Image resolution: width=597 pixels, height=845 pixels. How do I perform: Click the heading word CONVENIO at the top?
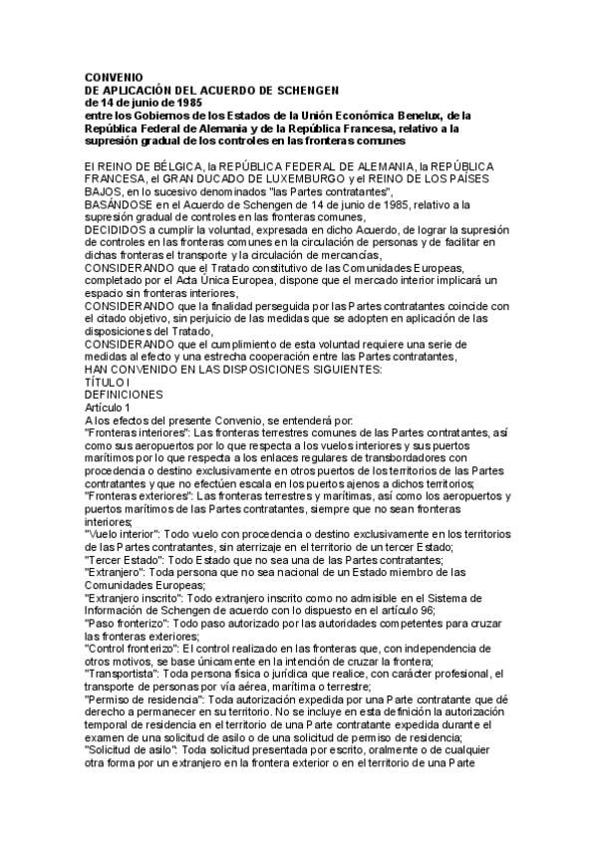(114, 77)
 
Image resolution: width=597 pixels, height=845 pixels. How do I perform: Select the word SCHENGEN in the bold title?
(308, 90)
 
